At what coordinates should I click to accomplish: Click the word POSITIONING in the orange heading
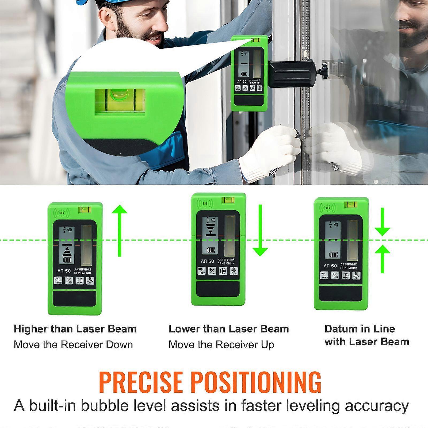click(x=257, y=382)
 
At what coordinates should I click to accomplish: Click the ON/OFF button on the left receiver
click(x=58, y=281)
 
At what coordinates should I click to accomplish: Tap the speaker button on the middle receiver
click(x=223, y=271)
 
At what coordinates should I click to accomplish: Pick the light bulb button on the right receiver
click(x=357, y=275)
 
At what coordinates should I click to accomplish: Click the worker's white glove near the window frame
click(x=270, y=152)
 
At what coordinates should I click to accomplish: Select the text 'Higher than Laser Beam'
click(x=75, y=329)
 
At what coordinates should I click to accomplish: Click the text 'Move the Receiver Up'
click(x=221, y=345)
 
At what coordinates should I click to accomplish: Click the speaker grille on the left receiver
click(x=62, y=213)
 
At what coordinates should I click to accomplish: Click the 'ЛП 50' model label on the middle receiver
click(x=207, y=261)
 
